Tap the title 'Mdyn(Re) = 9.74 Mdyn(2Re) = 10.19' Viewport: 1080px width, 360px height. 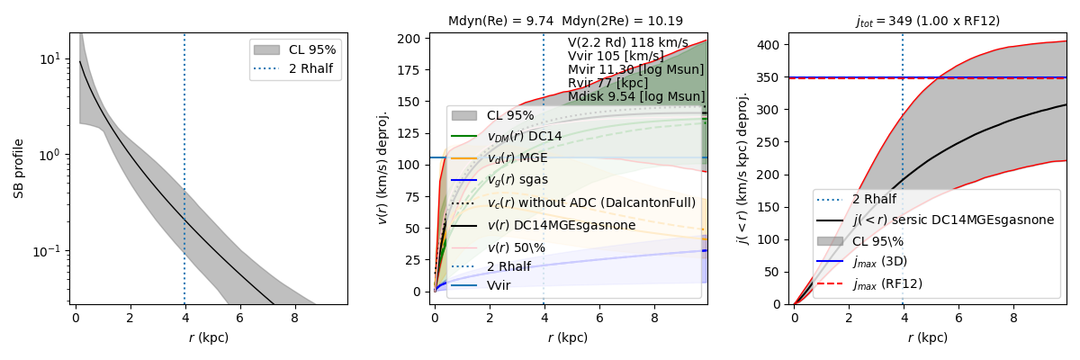pyautogui.click(x=565, y=21)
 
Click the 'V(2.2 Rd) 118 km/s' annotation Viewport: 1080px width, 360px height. pyautogui.click(x=627, y=43)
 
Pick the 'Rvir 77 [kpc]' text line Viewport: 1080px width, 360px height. pyautogui.click(x=607, y=83)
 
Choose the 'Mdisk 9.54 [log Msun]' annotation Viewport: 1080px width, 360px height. pyautogui.click(x=636, y=96)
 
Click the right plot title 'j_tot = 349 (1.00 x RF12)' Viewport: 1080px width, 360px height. pyautogui.click(x=927, y=21)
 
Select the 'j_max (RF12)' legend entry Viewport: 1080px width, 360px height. pyautogui.click(x=887, y=283)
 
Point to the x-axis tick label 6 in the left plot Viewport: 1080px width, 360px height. pyautogui.click(x=239, y=318)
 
